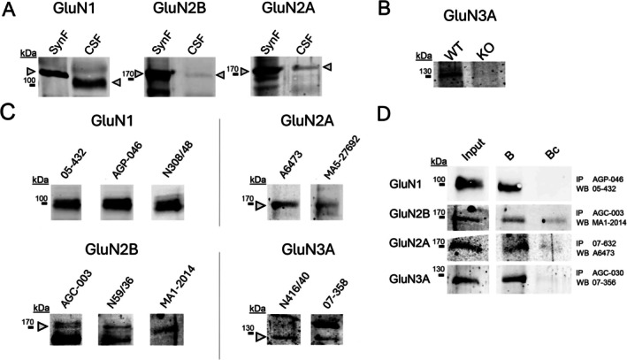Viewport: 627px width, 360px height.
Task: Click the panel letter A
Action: (11, 11)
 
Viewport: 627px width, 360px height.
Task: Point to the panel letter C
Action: (11, 115)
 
